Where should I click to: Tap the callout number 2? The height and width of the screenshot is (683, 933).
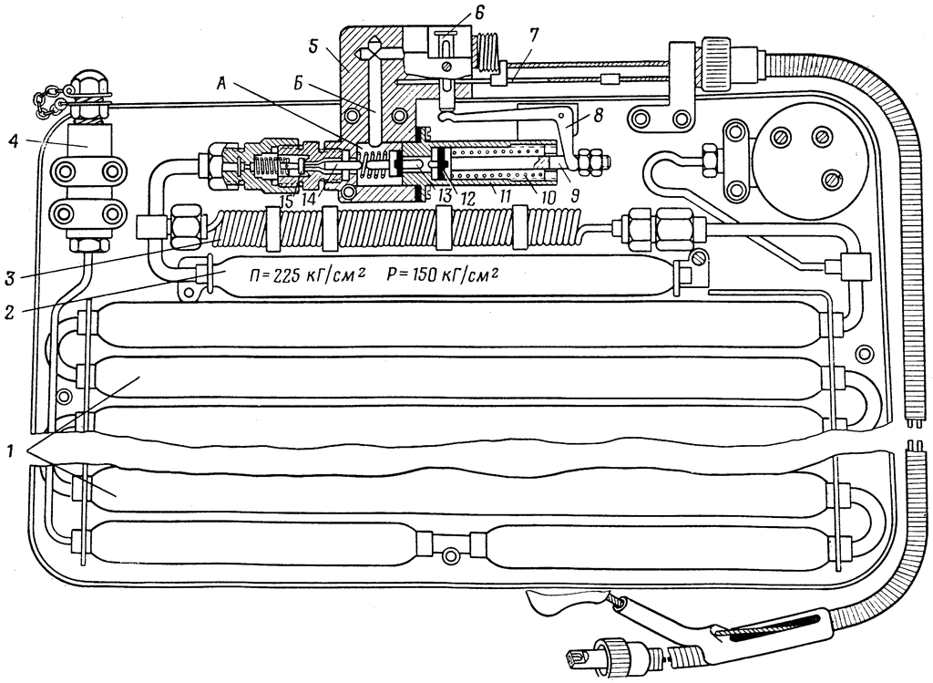click(x=9, y=312)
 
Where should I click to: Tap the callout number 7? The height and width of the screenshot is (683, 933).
click(x=533, y=35)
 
